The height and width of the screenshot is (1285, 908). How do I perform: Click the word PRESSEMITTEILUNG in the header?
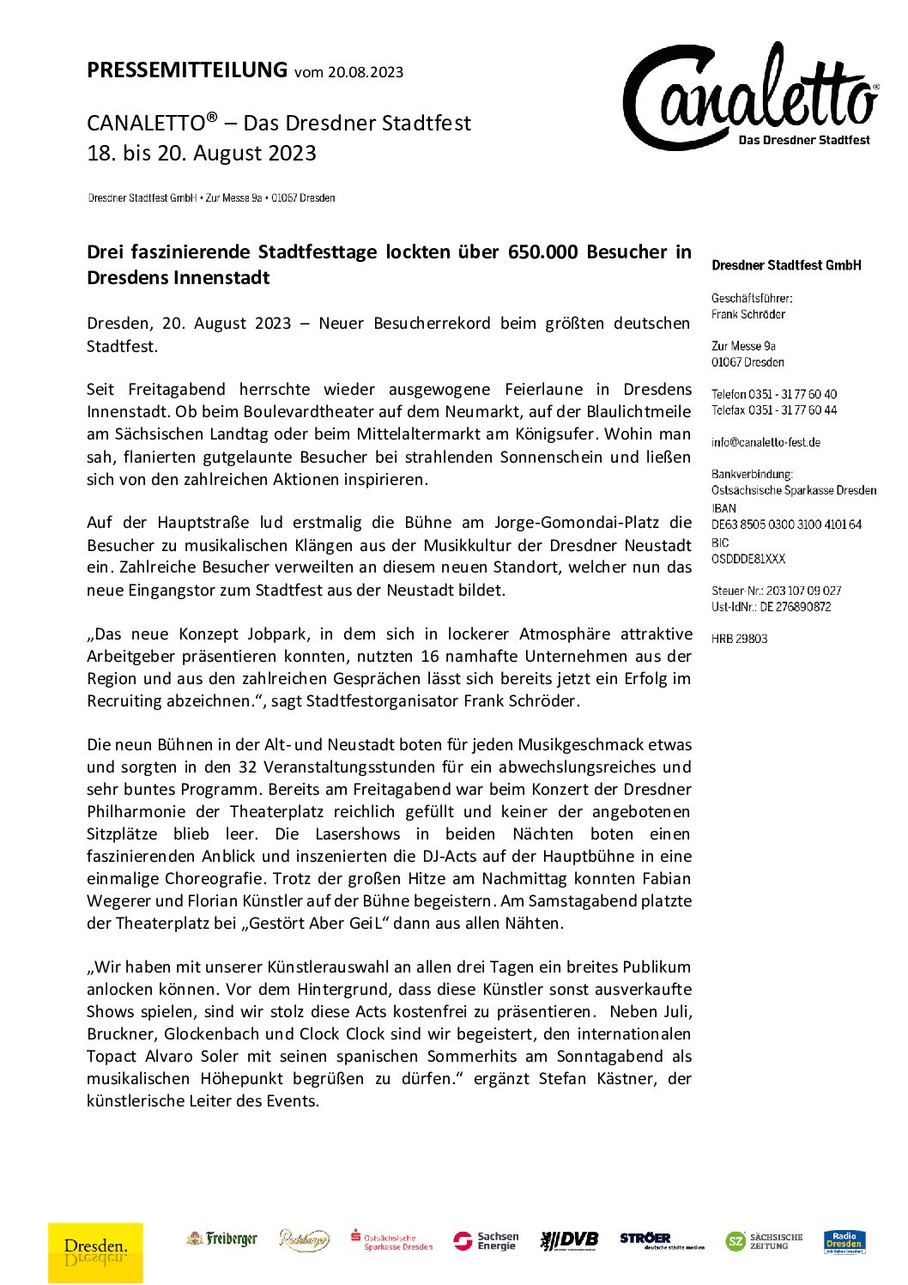tap(187, 70)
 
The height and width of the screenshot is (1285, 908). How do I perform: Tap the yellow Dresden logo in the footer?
tap(95, 1251)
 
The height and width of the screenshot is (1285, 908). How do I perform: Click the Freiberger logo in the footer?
tap(222, 1239)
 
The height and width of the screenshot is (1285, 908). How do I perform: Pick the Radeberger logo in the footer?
tap(304, 1240)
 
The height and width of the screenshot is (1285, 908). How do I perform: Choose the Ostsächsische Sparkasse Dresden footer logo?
tap(391, 1241)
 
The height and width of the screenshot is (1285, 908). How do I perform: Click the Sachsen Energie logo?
tap(487, 1241)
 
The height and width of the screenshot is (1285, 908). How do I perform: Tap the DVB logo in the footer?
tap(569, 1240)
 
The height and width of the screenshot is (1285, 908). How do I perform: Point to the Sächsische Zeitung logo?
tap(764, 1241)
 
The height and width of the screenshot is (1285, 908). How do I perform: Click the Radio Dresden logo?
tap(844, 1241)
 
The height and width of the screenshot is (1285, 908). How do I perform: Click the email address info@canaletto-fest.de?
tap(766, 443)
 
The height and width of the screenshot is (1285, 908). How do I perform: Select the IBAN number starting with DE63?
tap(786, 524)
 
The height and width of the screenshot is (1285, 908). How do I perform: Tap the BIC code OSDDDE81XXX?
tap(748, 559)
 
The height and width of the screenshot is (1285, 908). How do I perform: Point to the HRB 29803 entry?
tap(739, 639)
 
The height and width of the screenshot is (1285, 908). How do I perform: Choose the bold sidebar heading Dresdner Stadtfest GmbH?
tap(786, 265)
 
